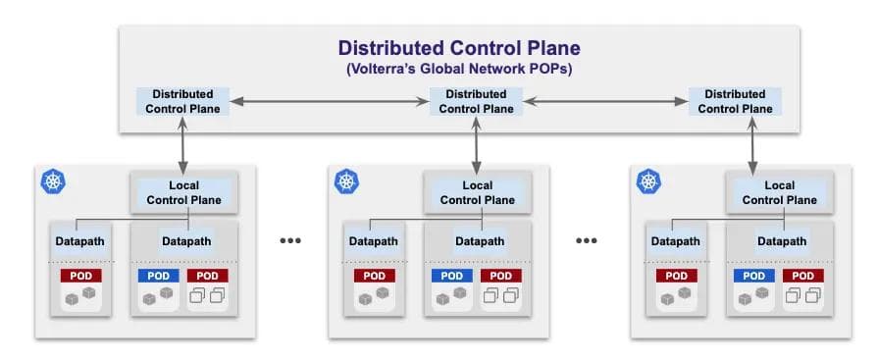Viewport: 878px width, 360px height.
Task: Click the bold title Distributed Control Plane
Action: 459,48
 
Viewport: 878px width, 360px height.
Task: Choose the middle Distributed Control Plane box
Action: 476,101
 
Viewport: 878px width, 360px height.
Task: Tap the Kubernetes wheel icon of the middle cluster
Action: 346,181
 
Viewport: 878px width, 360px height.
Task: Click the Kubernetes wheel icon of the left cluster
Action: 53,181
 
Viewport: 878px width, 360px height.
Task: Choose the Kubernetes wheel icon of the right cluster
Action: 648,181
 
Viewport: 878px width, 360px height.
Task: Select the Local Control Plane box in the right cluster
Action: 779,192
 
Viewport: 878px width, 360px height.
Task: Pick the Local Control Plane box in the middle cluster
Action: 477,192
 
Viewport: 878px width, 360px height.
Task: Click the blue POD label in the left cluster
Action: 158,276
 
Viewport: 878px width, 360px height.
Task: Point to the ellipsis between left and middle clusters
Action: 291,240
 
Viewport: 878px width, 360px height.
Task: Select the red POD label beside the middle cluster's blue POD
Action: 499,276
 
